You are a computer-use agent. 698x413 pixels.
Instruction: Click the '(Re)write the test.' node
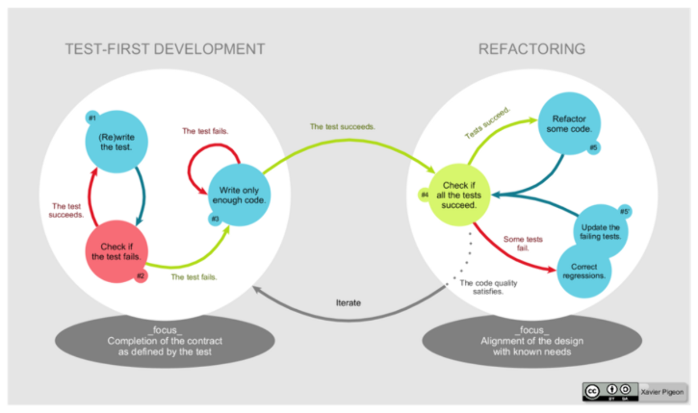[116, 142]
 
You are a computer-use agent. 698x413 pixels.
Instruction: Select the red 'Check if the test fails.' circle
[116, 251]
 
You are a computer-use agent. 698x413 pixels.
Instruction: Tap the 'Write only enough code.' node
[239, 195]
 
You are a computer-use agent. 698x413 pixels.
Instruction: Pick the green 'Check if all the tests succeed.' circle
[459, 195]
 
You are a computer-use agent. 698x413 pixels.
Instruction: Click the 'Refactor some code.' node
[569, 123]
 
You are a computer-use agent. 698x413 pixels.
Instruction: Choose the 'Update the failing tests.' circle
[601, 232]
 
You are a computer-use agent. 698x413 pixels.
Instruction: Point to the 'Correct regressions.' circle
[584, 271]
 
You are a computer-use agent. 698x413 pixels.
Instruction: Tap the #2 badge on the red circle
[140, 276]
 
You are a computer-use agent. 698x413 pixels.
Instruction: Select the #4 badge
[425, 195]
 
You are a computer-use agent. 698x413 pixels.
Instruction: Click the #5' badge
[625, 212]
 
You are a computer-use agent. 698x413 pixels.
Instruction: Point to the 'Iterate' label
[348, 303]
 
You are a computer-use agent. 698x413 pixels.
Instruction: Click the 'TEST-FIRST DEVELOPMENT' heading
[165, 49]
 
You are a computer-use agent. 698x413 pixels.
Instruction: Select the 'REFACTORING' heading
[532, 49]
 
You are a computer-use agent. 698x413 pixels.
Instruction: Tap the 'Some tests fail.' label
[523, 244]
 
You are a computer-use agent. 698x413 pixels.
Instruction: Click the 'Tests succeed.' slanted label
[487, 123]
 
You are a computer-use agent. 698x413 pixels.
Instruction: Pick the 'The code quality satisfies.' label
[488, 287]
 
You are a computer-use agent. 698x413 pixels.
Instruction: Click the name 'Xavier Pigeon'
[662, 392]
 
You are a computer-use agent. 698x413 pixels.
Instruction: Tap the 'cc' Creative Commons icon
[592, 391]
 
